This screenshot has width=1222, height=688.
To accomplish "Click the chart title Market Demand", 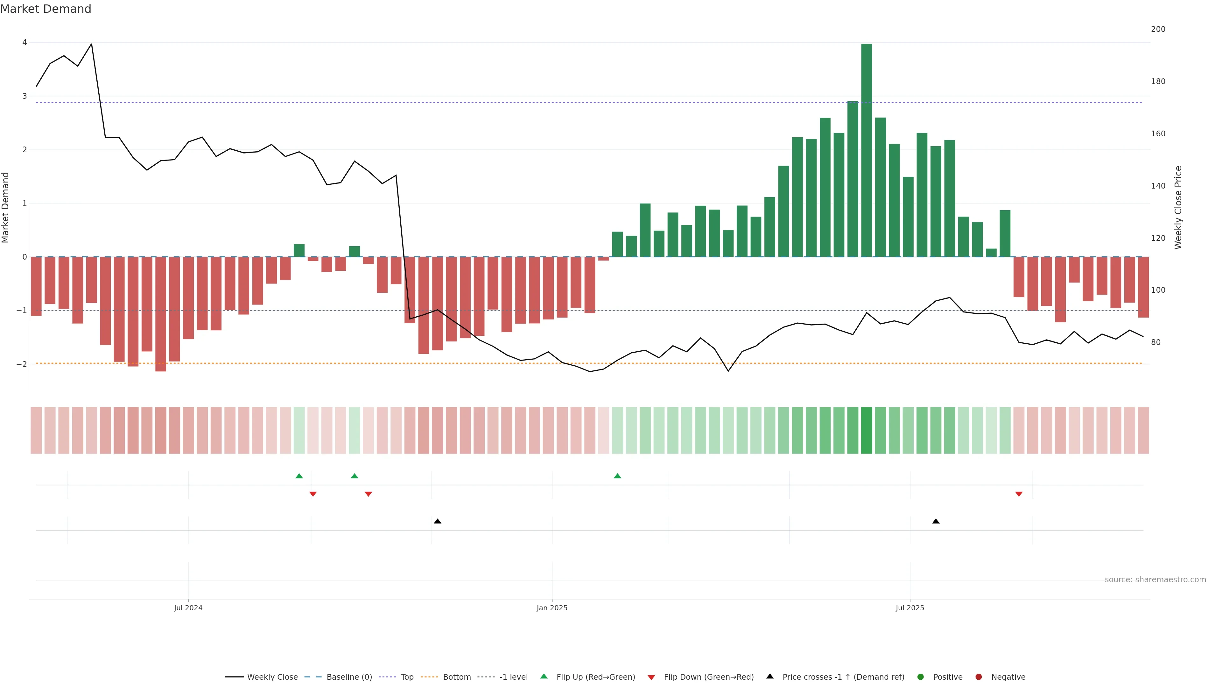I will tap(46, 9).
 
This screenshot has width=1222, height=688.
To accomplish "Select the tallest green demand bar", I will tap(866, 150).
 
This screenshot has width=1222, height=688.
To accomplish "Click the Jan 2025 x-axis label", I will tap(552, 608).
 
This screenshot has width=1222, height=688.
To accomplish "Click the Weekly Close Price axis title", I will tap(1178, 207).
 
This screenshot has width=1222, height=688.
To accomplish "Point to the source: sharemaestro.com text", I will tap(1155, 580).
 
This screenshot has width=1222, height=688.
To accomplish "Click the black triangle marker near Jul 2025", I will tap(936, 521).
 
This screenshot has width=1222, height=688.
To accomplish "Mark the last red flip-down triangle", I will tap(1018, 494).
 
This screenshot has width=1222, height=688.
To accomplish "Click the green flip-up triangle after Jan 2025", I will tap(617, 476).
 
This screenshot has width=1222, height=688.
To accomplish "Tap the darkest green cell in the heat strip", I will tap(866, 430).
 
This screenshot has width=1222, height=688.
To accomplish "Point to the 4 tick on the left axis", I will tap(24, 42).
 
